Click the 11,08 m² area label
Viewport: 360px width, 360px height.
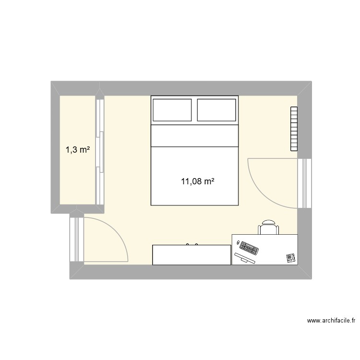(x=197, y=181)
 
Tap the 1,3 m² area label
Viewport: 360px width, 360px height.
(x=78, y=150)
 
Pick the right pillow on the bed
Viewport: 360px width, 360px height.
(x=216, y=109)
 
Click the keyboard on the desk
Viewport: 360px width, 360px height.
(x=249, y=248)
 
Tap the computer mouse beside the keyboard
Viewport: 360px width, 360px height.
(x=237, y=243)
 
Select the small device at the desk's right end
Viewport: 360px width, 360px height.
(x=290, y=258)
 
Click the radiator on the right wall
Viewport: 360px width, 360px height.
(x=294, y=129)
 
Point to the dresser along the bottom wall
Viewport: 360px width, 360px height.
(x=192, y=255)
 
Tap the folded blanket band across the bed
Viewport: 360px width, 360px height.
(x=195, y=135)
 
